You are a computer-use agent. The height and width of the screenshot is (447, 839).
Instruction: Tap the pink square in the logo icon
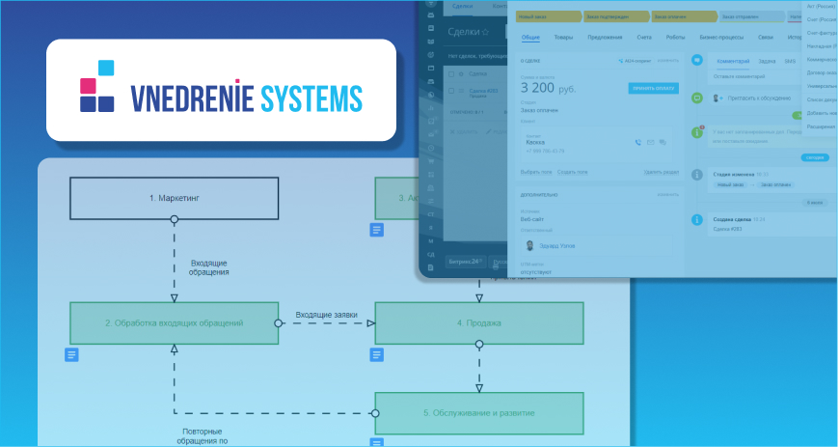88,85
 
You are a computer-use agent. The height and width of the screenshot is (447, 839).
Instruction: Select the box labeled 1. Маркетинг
174,198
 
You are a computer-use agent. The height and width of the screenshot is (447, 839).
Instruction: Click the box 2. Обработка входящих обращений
174,322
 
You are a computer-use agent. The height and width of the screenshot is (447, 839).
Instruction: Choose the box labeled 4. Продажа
479,322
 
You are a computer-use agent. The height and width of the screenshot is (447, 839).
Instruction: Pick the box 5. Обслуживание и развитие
479,412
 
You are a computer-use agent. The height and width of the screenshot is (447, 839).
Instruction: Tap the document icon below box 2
71,354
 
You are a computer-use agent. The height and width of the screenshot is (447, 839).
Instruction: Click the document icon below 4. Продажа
377,354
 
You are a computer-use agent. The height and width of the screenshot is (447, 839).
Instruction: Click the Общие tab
530,38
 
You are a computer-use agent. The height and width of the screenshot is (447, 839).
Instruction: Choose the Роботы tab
675,38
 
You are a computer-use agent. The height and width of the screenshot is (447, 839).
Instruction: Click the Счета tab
644,38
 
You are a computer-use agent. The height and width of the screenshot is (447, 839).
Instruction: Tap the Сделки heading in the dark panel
468,32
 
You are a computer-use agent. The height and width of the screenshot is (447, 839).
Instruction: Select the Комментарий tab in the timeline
733,61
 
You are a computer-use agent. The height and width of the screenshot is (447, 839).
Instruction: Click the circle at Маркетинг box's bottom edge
175,219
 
